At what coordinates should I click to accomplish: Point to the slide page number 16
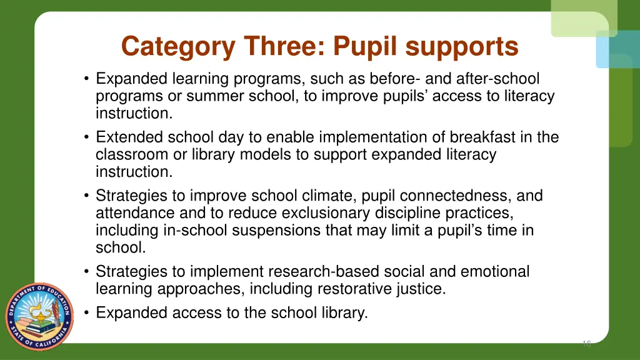pyautogui.click(x=586, y=343)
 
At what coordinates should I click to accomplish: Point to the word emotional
pyautogui.click(x=494, y=272)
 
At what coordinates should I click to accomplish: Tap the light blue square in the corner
pyautogui.click(x=618, y=49)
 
